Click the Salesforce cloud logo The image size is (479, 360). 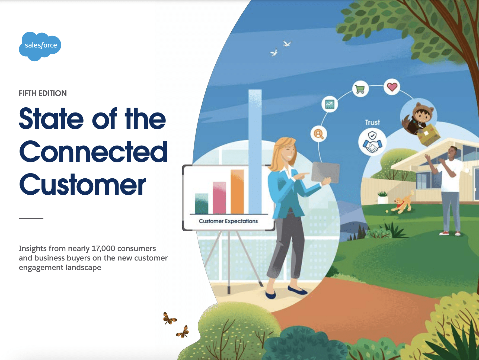[x=40, y=46]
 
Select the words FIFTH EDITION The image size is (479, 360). [x=43, y=93]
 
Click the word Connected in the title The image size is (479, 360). [x=93, y=152]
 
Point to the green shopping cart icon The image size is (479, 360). [x=360, y=89]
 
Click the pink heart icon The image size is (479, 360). [x=392, y=87]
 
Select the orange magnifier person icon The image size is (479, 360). [x=319, y=134]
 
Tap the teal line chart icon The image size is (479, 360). [x=330, y=104]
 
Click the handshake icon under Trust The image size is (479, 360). [x=372, y=142]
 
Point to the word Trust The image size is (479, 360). [x=372, y=123]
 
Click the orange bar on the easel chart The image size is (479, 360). [x=237, y=192]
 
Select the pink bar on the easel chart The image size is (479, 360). [x=219, y=198]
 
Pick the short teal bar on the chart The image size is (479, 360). [x=202, y=204]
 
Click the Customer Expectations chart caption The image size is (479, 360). [x=228, y=221]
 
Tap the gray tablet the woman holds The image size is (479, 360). [x=325, y=172]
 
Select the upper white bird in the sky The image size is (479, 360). [x=287, y=44]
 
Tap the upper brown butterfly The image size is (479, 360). [x=169, y=319]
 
